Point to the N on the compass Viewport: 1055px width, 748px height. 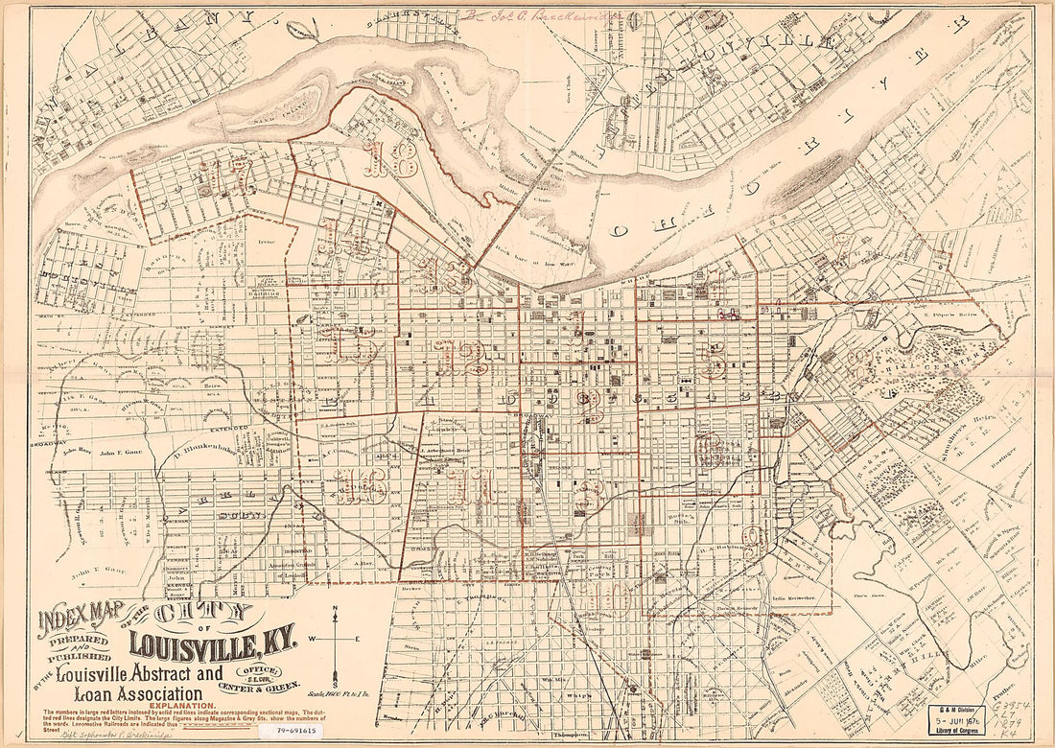click(334, 610)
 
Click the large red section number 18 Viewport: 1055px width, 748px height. click(389, 158)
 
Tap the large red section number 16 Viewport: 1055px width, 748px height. click(361, 487)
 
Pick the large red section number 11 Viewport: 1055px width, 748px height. click(467, 487)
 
